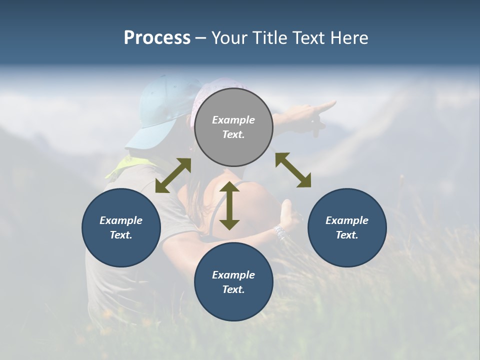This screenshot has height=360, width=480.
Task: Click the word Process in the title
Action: (157, 38)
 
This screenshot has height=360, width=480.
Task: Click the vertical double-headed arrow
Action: (229, 205)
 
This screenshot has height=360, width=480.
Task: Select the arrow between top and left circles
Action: (173, 175)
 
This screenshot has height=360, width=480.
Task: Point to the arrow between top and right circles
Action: (293, 170)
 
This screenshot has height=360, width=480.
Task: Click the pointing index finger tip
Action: (333, 103)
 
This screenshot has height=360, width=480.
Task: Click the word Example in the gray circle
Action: (233, 120)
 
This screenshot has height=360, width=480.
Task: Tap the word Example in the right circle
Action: (347, 220)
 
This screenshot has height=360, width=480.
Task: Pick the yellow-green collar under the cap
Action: (122, 165)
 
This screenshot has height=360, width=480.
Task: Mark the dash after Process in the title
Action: (200, 38)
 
